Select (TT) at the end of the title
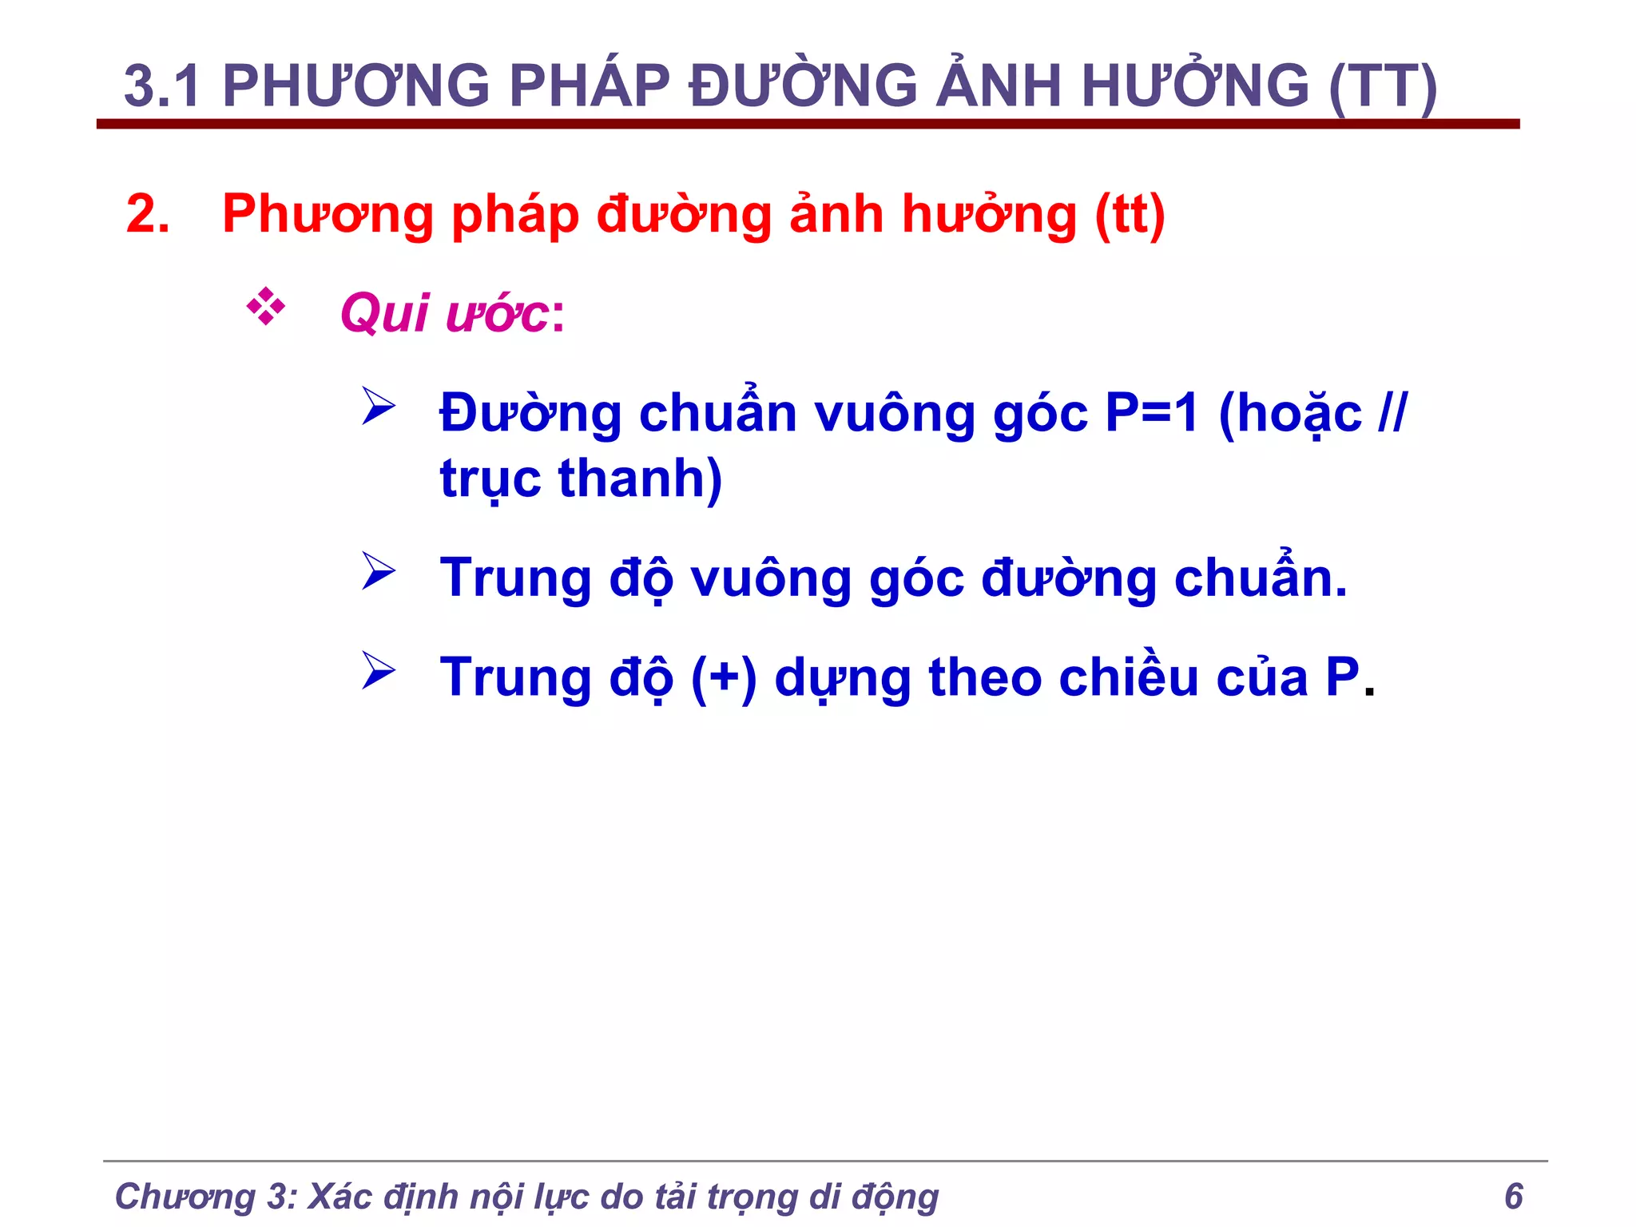(x=1383, y=86)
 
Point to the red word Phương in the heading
(x=327, y=216)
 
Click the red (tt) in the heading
(x=1130, y=216)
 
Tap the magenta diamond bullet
(x=266, y=308)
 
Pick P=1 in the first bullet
(x=1152, y=414)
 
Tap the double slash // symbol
(x=1392, y=414)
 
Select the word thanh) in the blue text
(x=640, y=479)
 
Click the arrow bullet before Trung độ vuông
(x=378, y=571)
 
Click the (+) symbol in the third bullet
(x=724, y=678)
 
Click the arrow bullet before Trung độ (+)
(x=378, y=670)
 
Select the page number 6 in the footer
(x=1513, y=1196)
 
